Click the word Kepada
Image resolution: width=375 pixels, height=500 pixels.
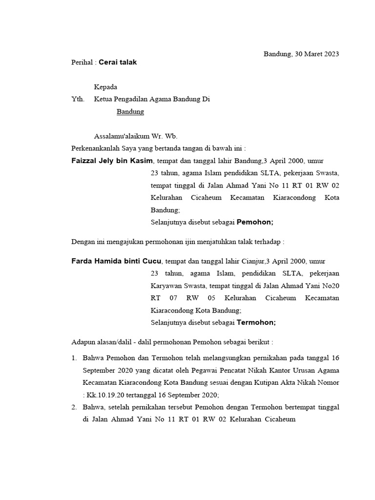tap(105, 87)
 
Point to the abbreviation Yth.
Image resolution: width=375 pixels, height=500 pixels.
tap(78, 99)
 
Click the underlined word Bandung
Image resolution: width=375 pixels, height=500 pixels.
tap(130, 111)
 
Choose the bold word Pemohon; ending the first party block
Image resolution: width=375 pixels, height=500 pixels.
tap(255, 222)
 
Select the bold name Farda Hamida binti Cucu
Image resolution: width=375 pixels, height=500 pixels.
tap(116, 261)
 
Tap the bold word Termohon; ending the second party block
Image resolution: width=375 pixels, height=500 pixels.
tap(256, 322)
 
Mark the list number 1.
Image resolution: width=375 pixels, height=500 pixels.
tap(74, 358)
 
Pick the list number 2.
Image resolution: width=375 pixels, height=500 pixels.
tap(74, 407)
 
